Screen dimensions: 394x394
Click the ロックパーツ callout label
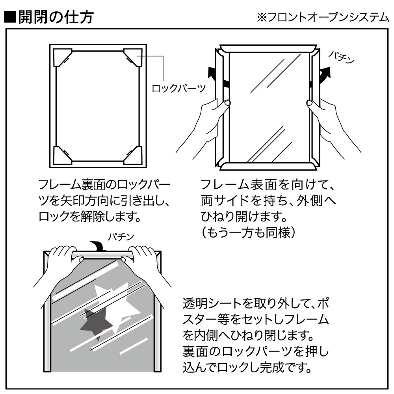[x=179, y=88]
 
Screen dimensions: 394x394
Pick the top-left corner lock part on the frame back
[x=62, y=56]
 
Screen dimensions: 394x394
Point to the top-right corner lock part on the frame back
[x=133, y=56]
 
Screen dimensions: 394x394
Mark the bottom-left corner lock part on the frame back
[x=62, y=154]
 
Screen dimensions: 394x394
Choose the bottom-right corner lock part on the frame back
[x=133, y=154]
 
